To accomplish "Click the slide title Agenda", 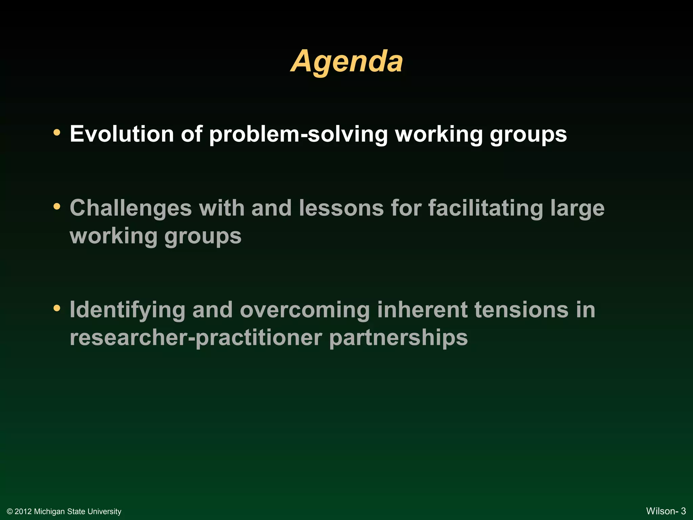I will point(347,61).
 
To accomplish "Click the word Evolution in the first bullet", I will point(121,134).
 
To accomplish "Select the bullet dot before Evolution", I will point(57,132).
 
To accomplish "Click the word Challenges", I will point(131,208).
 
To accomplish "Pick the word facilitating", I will point(486,209).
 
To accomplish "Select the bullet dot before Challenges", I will point(57,206).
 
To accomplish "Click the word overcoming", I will point(305,310).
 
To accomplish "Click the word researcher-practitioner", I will point(196,338).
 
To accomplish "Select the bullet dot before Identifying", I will point(57,308).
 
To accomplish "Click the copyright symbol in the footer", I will point(10,512).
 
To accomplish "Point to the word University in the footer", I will point(105,512).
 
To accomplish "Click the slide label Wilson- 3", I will point(666,511).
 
